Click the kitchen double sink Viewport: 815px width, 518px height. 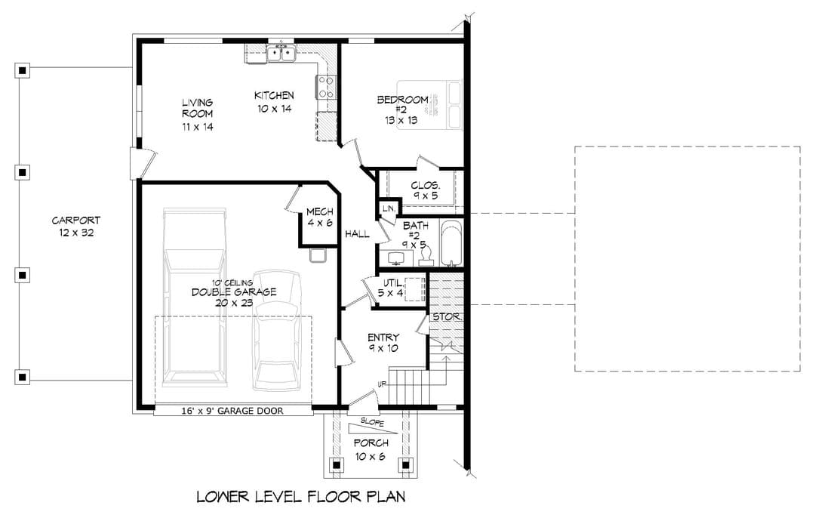tap(281, 53)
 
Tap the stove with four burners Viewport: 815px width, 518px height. tap(326, 87)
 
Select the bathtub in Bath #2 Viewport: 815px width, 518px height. tap(451, 243)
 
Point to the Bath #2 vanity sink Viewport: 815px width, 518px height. tap(397, 257)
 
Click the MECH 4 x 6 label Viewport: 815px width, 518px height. tap(320, 217)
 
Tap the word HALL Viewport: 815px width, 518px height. tap(357, 234)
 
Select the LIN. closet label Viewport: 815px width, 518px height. tap(389, 208)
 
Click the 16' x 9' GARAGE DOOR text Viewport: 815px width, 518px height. tap(232, 411)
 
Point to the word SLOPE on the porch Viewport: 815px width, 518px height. tap(372, 421)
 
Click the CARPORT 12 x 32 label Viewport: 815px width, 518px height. tap(76, 227)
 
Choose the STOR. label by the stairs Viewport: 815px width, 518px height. tap(447, 316)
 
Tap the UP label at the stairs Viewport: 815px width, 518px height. tap(382, 384)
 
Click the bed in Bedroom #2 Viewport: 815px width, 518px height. tap(430, 104)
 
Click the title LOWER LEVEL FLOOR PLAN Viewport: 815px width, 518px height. tap(301, 497)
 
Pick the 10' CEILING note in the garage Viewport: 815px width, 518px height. tap(232, 283)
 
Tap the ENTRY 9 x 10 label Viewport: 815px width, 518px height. tap(383, 343)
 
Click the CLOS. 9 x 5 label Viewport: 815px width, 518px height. tap(426, 190)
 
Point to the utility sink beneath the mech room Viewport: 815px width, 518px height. tap(317, 256)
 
